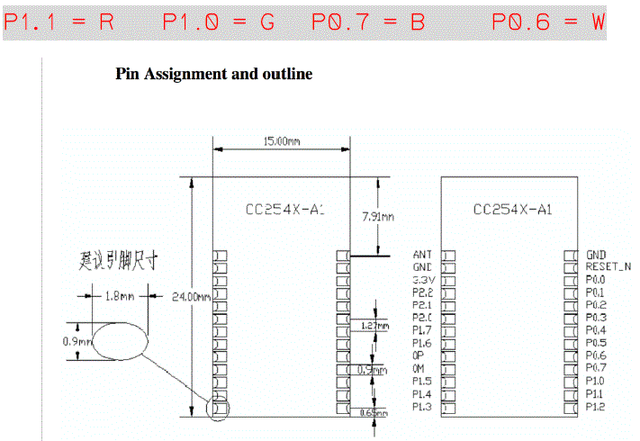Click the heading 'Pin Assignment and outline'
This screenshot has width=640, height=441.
[x=214, y=75]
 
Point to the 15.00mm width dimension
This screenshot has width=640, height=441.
[x=282, y=141]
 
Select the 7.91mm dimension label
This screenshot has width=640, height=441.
[x=377, y=216]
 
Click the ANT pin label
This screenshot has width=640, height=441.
[x=421, y=256]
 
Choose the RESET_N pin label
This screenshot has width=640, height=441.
[x=608, y=267]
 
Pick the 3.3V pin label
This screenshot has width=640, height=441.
[x=422, y=280]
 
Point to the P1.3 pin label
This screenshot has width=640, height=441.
[x=421, y=407]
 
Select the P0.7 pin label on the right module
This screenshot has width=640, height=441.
[x=596, y=368]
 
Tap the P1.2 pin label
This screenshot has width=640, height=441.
[x=596, y=407]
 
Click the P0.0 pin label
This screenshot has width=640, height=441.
[x=596, y=280]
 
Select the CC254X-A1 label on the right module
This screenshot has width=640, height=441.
[x=511, y=210]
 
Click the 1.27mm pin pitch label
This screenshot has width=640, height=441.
[x=380, y=327]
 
